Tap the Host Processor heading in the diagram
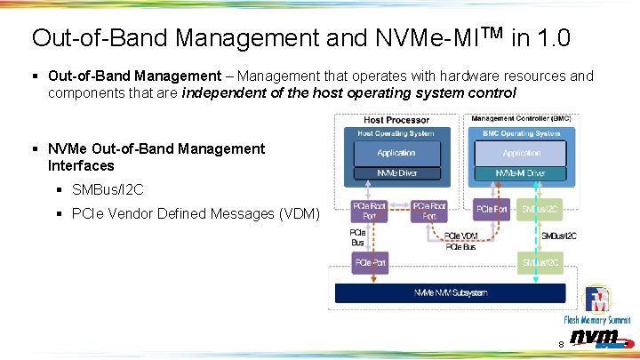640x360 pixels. click(x=396, y=120)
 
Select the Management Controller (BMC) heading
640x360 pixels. click(x=521, y=118)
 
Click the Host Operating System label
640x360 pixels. click(x=396, y=133)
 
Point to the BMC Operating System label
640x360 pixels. click(x=521, y=133)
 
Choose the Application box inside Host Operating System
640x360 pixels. click(x=396, y=153)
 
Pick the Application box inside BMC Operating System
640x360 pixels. click(x=521, y=153)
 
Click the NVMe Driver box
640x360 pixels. click(x=396, y=172)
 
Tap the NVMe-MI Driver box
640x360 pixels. click(x=521, y=172)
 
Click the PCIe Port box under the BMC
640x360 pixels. click(x=492, y=210)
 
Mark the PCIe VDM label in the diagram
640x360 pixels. click(x=461, y=236)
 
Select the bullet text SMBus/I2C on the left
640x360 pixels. click(x=108, y=190)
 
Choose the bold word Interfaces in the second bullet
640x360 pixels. click(x=81, y=165)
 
